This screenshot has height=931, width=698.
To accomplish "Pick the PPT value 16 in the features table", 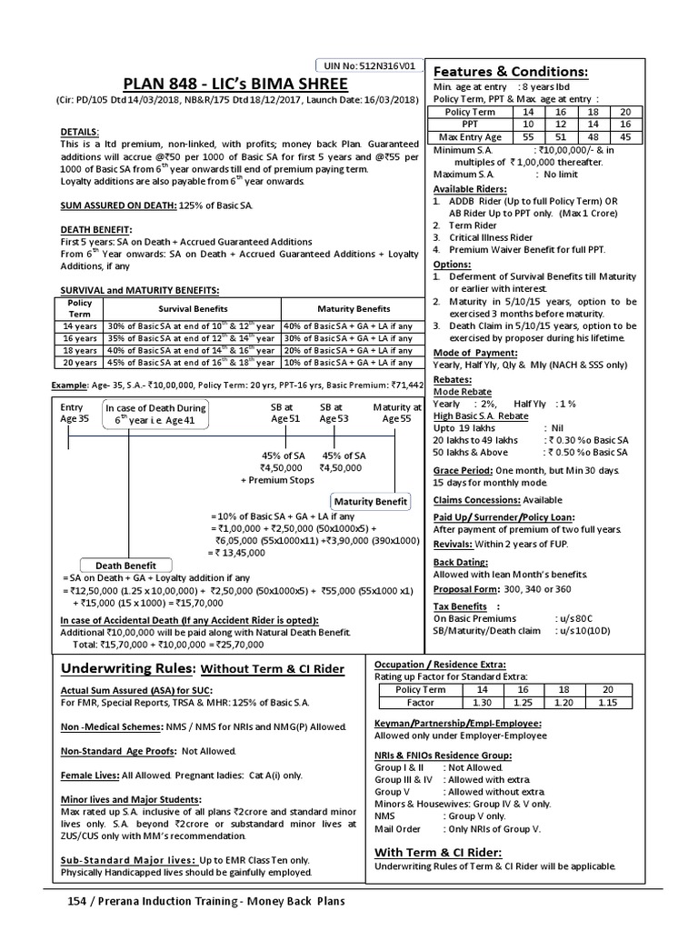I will pos(623,124).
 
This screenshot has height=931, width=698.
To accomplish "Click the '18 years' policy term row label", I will pos(80,350).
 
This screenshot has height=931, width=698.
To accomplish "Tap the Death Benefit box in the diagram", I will pos(125,566).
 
